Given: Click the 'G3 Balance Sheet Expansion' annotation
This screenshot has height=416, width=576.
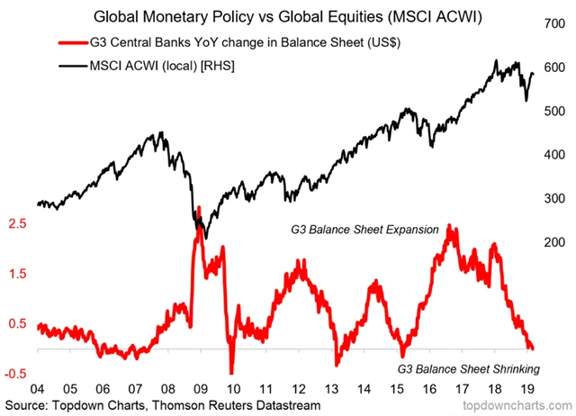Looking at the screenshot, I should pyautogui.click(x=364, y=230).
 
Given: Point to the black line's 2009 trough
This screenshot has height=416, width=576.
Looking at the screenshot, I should pyautogui.click(x=206, y=239).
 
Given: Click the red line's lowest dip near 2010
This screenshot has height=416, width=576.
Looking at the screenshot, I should pyautogui.click(x=230, y=371).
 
